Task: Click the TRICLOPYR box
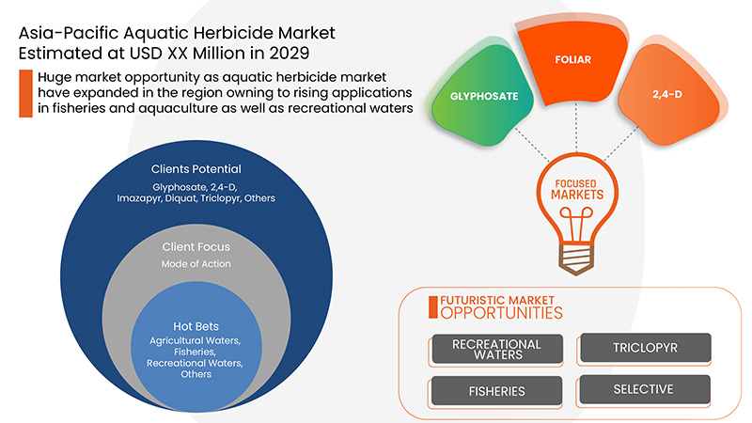pyautogui.click(x=644, y=349)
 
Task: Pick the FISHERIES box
pyautogui.click(x=496, y=390)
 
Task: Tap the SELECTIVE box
pyautogui.click(x=644, y=389)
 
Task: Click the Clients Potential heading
pyautogui.click(x=196, y=169)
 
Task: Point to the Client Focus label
pyautogui.click(x=196, y=247)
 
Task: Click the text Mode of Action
pyautogui.click(x=196, y=264)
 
